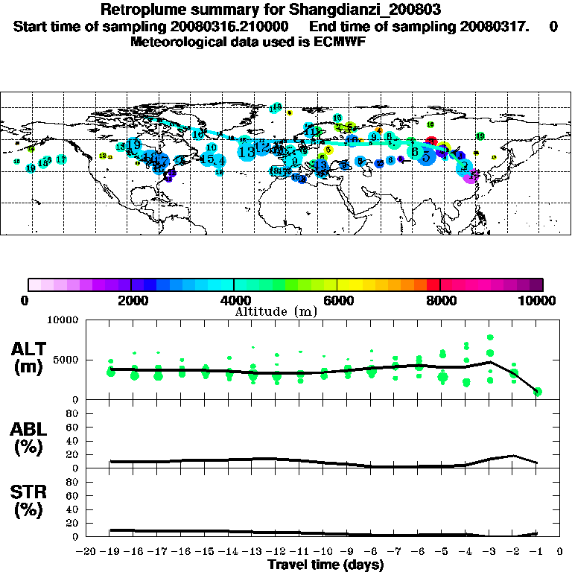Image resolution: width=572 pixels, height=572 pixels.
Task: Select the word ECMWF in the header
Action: [x=340, y=42]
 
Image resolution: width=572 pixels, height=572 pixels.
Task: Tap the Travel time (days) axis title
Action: [x=325, y=565]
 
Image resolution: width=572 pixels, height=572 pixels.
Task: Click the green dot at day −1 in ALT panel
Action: [x=537, y=391]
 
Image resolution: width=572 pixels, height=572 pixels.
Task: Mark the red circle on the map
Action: [x=430, y=142]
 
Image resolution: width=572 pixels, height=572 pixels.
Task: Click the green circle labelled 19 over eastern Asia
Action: [x=480, y=136]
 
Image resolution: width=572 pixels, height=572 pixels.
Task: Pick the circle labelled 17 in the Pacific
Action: [x=61, y=159]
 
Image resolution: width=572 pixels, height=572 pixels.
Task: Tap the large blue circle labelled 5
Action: [x=426, y=157]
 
